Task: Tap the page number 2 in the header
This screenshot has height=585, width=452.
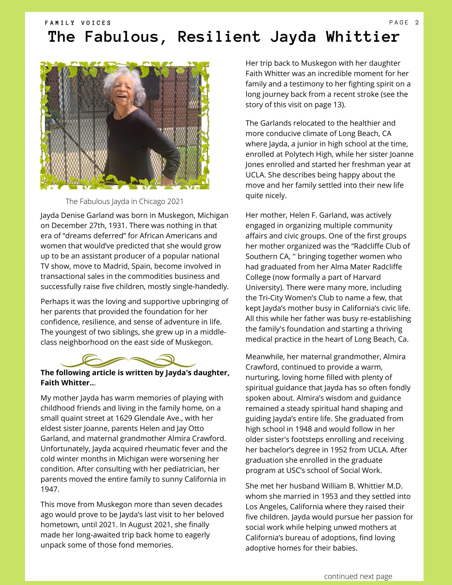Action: coord(417,23)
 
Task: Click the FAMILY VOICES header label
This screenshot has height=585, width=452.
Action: coord(78,23)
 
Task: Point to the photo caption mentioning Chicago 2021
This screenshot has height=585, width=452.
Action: coord(124,201)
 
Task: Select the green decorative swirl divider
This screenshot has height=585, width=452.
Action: coord(128,361)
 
